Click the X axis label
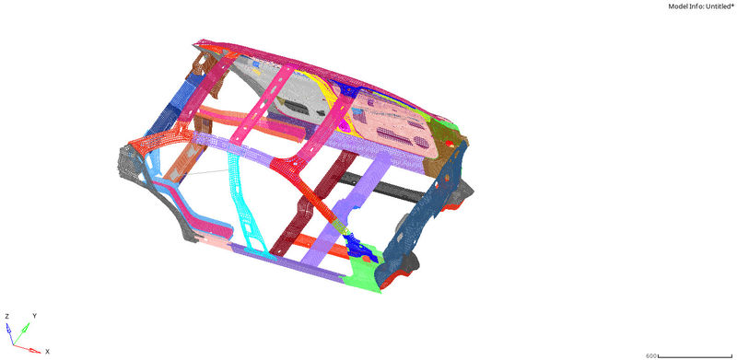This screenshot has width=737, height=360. tap(46, 351)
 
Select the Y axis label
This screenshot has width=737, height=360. tap(33, 315)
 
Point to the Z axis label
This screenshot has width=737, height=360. tap(6, 316)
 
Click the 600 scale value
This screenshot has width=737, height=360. tap(650, 355)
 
